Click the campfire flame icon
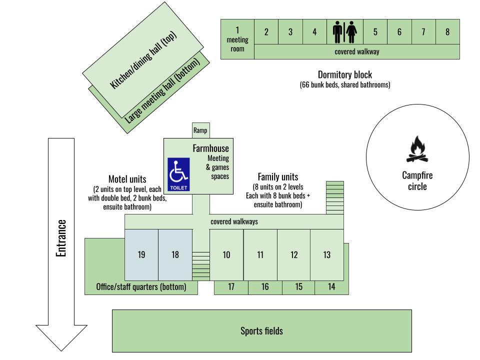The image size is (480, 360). [417, 149]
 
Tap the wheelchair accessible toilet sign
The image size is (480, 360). [178, 174]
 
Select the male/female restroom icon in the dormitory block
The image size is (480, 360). [344, 32]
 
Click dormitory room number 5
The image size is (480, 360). [375, 32]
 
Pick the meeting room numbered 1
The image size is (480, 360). [237, 39]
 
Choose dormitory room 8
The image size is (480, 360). [447, 32]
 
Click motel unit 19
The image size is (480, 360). [141, 254]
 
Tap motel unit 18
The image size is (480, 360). [175, 254]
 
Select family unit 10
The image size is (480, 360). [226, 255]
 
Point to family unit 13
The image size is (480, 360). [326, 255]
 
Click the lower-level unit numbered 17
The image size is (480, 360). [231, 287]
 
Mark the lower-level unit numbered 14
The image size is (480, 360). [331, 287]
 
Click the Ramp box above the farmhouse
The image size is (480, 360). [200, 130]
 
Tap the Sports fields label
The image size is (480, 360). [261, 331]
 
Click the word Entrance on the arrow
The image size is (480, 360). [61, 238]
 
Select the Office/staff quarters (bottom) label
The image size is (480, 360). [141, 287]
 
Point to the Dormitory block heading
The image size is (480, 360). [344, 75]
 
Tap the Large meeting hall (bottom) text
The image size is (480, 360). [163, 90]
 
